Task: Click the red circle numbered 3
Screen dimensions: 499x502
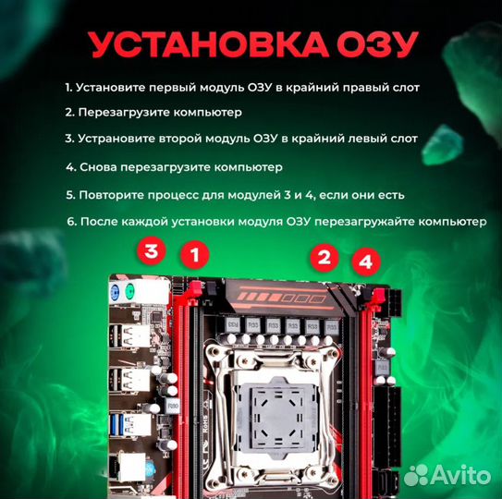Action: pos(153,250)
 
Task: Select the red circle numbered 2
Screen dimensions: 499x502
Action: pos(324,257)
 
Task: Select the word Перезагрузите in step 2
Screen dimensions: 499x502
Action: pos(125,113)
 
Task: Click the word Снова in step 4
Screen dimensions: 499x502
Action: pos(100,168)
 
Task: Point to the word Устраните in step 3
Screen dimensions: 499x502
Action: pos(117,139)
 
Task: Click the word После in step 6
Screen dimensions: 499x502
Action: pos(99,224)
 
